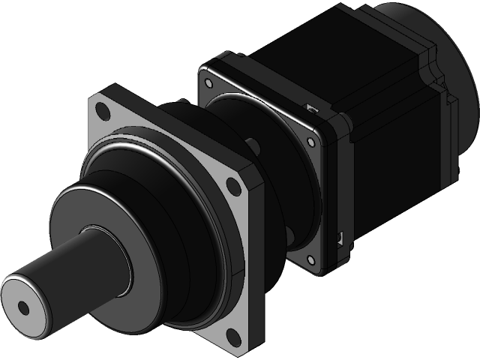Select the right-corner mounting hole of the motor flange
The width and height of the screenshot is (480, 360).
[310, 140]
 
